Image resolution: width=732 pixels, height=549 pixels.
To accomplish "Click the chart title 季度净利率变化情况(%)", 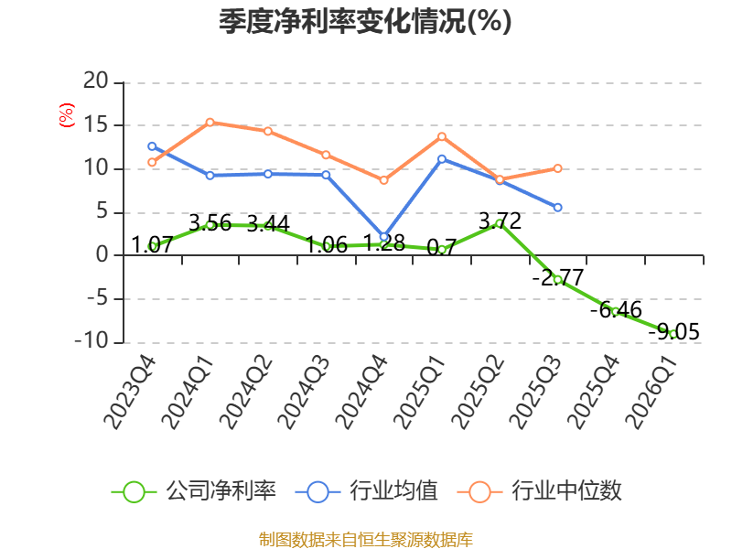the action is pos(365,21).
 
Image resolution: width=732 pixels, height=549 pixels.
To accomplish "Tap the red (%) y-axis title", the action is pos(66,115).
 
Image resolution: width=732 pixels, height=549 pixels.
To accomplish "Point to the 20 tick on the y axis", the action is pos(96,81).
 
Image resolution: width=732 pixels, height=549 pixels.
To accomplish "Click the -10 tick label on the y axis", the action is pos(91,340).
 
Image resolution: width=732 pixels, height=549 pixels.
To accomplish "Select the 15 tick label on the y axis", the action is pos(96,124).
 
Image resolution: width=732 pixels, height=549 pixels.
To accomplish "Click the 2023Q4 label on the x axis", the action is pos(130,393).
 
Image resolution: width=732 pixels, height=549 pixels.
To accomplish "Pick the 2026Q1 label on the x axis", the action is pos(651,393).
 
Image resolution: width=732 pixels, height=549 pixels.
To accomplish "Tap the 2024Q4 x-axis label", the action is pos(361,393).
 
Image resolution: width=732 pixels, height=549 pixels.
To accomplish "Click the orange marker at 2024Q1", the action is pos(210,123).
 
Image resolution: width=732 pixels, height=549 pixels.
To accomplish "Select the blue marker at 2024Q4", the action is pos(383,237).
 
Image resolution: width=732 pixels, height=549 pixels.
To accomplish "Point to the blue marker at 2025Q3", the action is pos(557,208).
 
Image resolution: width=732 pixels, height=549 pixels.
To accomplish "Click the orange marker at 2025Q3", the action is pos(557,168).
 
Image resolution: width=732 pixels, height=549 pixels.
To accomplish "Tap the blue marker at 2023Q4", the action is pos(152,146).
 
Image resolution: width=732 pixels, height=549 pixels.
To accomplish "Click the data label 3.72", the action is pos(500,221).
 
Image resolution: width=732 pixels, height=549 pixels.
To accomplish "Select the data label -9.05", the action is pos(674,332).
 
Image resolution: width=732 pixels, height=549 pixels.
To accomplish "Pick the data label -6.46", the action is pos(616,309).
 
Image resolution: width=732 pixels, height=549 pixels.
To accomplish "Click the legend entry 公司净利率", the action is pos(194,491).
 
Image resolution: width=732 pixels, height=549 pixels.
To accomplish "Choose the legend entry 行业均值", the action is pos(367,491).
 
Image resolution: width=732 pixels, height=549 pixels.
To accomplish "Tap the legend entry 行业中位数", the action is pos(540,491).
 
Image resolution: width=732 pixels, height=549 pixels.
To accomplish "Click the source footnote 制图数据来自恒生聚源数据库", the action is pos(366,540).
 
